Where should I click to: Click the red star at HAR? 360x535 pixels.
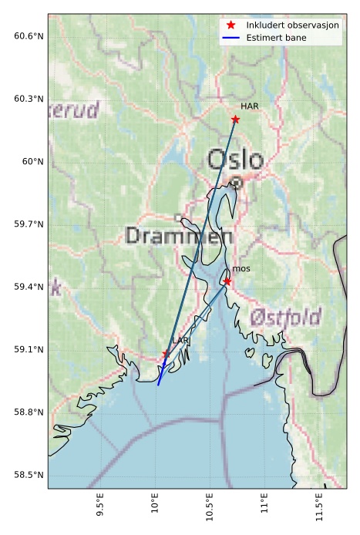pos(235,119)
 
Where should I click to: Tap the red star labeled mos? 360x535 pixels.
pos(227,281)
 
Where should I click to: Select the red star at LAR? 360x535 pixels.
pos(165,354)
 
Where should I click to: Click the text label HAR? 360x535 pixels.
pos(249,106)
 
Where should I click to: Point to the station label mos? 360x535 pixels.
pos(241,268)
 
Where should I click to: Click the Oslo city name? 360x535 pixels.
pos(235,160)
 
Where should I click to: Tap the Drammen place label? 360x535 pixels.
pos(168,236)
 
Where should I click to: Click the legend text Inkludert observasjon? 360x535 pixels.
pos(292,25)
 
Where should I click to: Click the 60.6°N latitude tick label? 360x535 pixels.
pos(29,36)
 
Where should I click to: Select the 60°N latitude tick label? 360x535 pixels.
pos(33,161)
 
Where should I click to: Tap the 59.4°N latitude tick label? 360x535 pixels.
pos(29,287)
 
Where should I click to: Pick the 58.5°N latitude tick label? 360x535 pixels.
pos(29,474)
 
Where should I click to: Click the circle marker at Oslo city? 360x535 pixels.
pos(237,183)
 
